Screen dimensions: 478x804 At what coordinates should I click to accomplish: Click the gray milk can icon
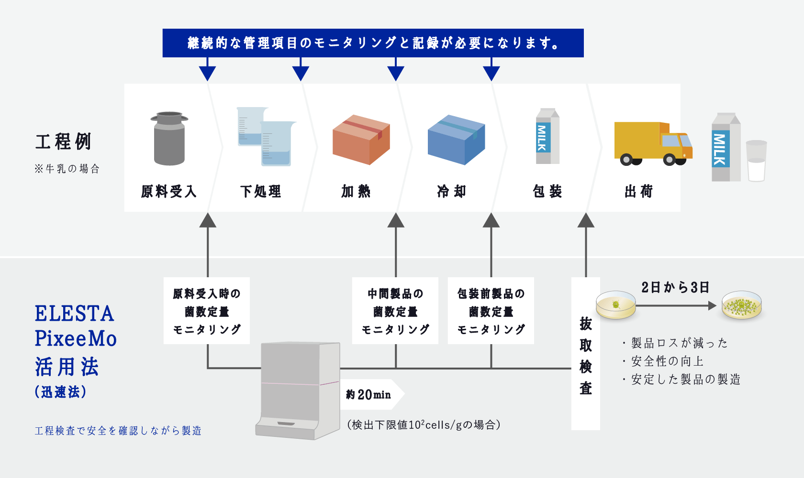pyautogui.click(x=169, y=139)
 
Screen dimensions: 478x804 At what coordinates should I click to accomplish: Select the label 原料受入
pyautogui.click(x=168, y=192)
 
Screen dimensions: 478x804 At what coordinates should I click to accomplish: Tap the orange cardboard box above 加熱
pyautogui.click(x=361, y=140)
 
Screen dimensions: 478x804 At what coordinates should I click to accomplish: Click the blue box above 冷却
pyautogui.click(x=456, y=140)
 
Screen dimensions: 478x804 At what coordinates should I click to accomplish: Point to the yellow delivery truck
pyautogui.click(x=652, y=143)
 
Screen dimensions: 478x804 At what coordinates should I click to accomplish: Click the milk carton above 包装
pyautogui.click(x=547, y=137)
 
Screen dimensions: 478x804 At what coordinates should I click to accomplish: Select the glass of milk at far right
pyautogui.click(x=756, y=161)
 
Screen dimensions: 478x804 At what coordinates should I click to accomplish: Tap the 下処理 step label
pyautogui.click(x=261, y=192)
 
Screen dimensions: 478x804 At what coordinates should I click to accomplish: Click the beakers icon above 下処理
pyautogui.click(x=266, y=137)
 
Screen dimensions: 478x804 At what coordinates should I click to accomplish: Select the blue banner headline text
pyautogui.click(x=373, y=43)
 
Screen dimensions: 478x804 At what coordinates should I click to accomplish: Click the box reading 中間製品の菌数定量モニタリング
pyautogui.click(x=395, y=311)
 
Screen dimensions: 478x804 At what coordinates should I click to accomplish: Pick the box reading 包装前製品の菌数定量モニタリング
pyautogui.click(x=491, y=311)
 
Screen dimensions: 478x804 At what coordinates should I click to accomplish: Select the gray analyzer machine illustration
pyautogui.click(x=297, y=390)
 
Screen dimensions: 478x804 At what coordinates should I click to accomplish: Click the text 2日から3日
pyautogui.click(x=675, y=287)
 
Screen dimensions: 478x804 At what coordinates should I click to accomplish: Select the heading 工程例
pyautogui.click(x=63, y=142)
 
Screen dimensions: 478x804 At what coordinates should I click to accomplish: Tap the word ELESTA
pyautogui.click(x=74, y=314)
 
